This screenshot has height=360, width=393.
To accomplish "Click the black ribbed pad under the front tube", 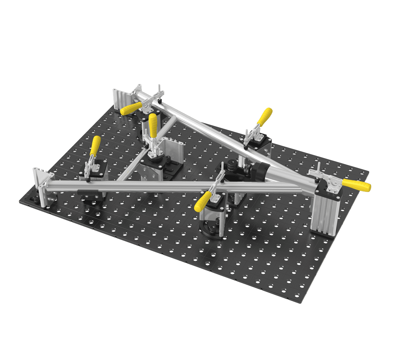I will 87,191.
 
